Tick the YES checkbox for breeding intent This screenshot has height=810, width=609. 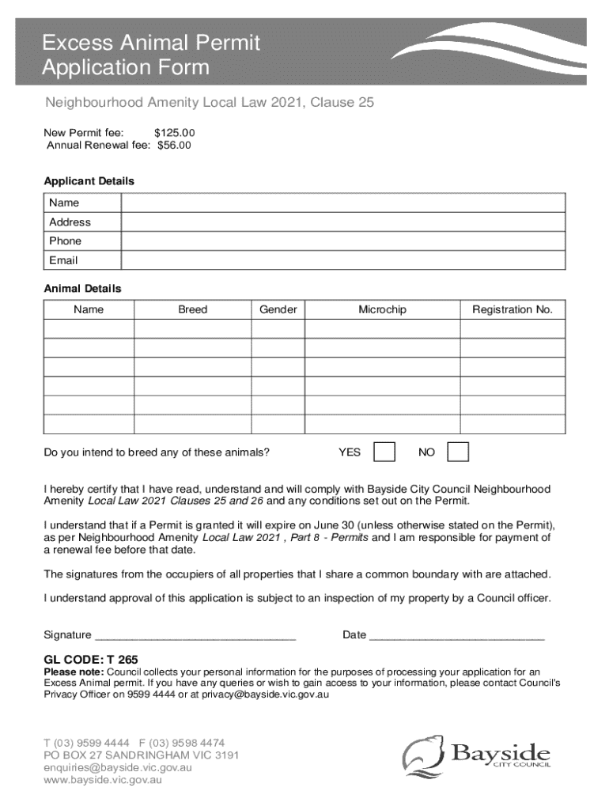point(384,452)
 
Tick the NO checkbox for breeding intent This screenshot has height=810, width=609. point(458,452)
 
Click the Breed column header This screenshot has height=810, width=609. point(192,309)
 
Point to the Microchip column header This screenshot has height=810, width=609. point(382,309)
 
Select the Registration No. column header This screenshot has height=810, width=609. point(513,309)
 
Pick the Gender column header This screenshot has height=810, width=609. point(278,309)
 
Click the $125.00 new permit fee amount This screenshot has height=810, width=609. point(174,133)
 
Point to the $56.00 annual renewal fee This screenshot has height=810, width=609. point(174,146)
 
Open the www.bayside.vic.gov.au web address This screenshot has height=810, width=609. point(103,780)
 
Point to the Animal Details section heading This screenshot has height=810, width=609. point(82,289)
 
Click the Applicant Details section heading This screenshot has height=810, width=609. point(89,181)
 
